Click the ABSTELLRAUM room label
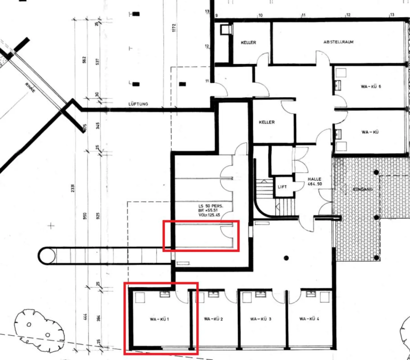tap(338, 42)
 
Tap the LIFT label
tap(282, 187)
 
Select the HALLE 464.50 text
tap(315, 181)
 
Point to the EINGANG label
tap(362, 189)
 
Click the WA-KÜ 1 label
tap(159, 319)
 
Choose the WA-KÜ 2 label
tap(213, 319)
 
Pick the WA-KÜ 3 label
tap(261, 319)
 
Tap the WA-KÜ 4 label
tap(309, 319)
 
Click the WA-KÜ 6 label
tap(371, 87)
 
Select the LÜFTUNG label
tap(138, 104)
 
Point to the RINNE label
tap(30, 87)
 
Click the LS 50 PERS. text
tap(211, 206)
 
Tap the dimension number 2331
tap(73, 188)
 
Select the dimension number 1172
tap(174, 28)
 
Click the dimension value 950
tap(85, 216)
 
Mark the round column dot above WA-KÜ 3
tap(286, 258)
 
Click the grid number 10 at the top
tap(260, 15)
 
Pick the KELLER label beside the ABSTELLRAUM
tap(248, 42)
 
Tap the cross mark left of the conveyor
tap(51, 226)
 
